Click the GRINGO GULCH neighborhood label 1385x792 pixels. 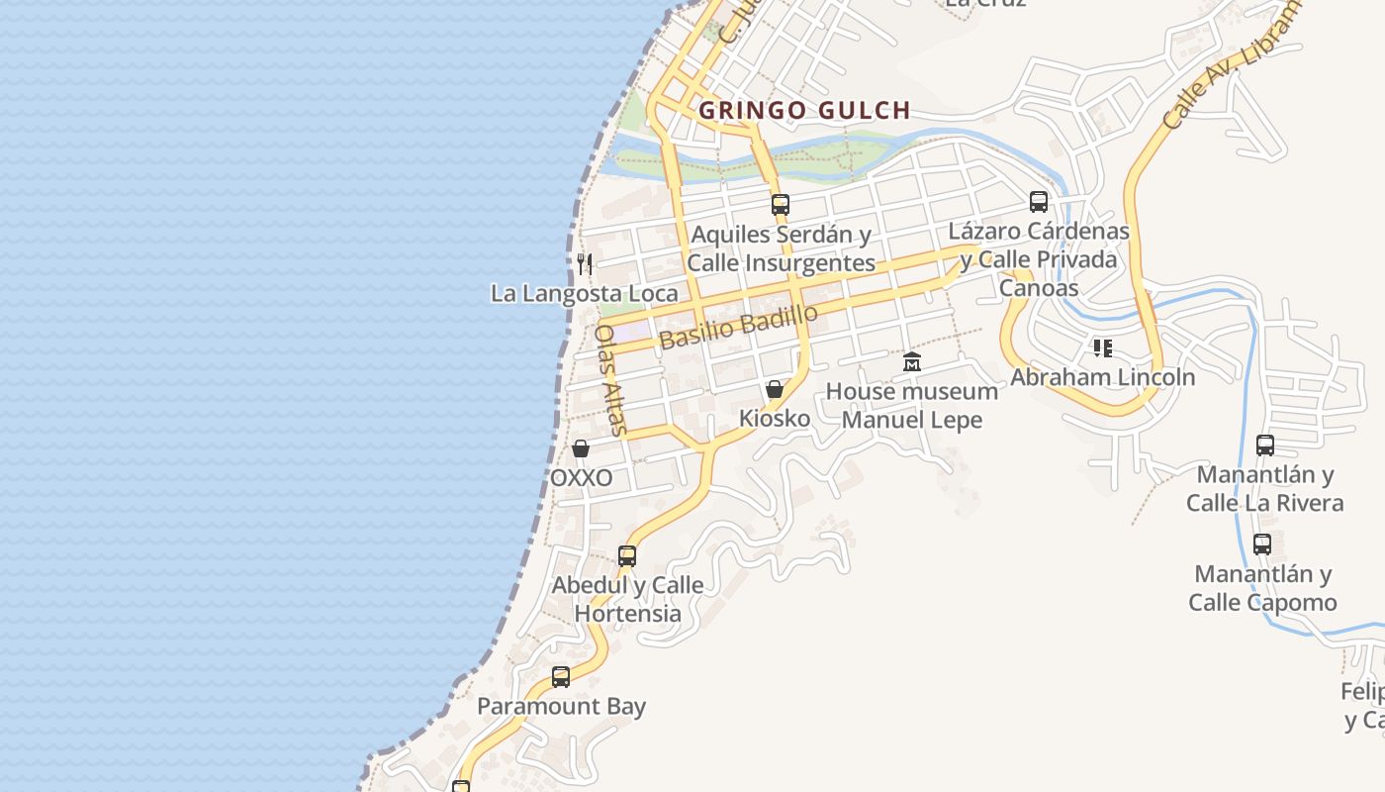pos(803,110)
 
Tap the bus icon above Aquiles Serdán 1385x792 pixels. pos(781,205)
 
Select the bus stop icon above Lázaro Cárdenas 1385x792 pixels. pos(1039,202)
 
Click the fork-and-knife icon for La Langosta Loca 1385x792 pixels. pos(585,263)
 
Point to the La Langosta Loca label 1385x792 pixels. pos(585,293)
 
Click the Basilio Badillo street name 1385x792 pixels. pos(739,327)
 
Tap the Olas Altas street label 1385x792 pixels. pos(610,380)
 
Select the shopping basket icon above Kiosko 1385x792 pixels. pos(775,389)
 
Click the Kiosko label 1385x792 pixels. pos(775,419)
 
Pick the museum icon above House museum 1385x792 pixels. pos(912,362)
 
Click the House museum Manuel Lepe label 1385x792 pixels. pos(912,405)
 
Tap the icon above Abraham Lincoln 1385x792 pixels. pos(1103,347)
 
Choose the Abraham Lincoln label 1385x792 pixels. pos(1103,377)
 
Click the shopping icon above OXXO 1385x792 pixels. pos(581,449)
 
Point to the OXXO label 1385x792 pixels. pos(581,478)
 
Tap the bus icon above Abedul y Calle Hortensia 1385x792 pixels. pos(627,555)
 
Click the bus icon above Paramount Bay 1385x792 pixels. pos(561,677)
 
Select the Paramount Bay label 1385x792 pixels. pos(561,707)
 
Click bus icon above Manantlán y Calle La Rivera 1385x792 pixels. pos(1265,445)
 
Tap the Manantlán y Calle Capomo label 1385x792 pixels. pos(1262,588)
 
